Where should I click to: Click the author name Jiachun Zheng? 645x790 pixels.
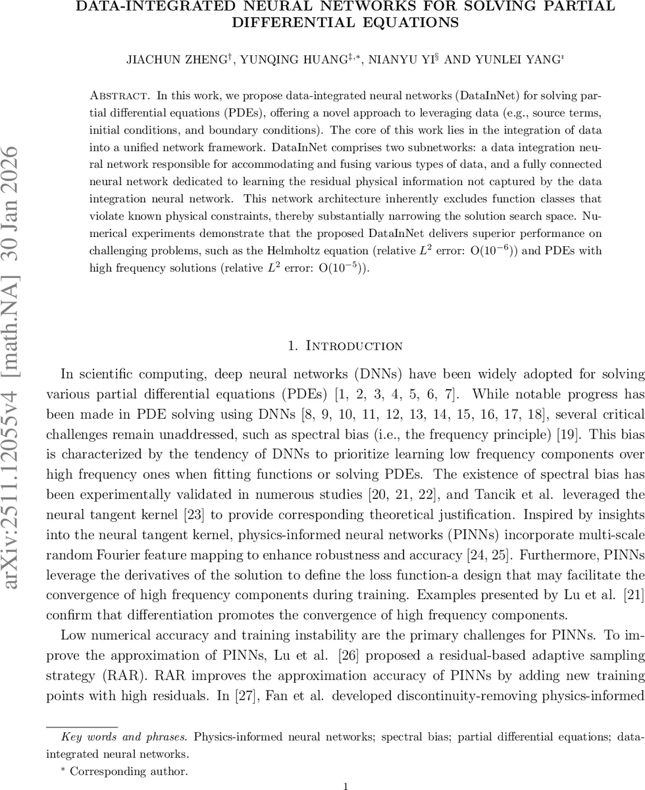click(176, 60)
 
